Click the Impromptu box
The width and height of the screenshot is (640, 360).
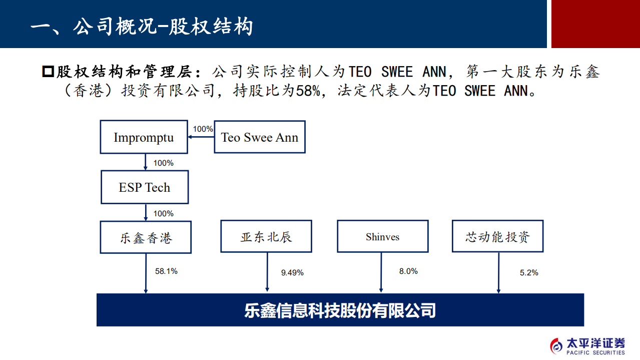click(144, 137)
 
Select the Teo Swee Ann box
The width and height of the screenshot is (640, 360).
click(260, 137)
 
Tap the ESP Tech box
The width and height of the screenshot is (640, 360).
click(145, 187)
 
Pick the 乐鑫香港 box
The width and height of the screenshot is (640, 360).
click(146, 238)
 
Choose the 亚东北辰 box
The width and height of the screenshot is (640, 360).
click(266, 237)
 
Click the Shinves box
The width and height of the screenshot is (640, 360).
click(382, 237)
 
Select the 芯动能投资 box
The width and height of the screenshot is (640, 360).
click(497, 236)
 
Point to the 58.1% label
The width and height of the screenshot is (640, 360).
click(166, 271)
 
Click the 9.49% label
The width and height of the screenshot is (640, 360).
click(292, 273)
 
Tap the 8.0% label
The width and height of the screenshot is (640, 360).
click(408, 271)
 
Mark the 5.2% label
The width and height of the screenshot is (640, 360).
click(529, 273)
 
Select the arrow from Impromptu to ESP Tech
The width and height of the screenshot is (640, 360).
click(145, 162)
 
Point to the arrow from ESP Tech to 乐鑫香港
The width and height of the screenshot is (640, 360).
click(146, 212)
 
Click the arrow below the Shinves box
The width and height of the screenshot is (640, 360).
click(381, 272)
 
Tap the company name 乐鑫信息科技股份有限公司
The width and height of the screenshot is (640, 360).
click(340, 310)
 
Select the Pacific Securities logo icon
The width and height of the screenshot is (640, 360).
click(556, 345)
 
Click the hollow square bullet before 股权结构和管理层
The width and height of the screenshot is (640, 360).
click(48, 72)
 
